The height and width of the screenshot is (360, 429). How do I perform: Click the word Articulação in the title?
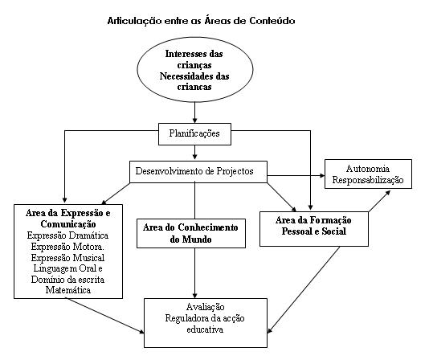(x=134, y=21)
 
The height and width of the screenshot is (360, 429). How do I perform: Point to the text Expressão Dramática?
(x=67, y=235)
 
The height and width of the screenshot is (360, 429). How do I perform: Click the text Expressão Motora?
(x=67, y=247)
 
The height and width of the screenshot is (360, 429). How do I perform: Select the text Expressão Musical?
(x=67, y=258)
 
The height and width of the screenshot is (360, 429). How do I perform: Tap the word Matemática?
(x=67, y=290)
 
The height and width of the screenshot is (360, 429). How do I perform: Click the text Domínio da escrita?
(x=67, y=280)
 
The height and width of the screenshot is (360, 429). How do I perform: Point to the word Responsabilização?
(x=368, y=180)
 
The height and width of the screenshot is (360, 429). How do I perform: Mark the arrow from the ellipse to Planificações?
(x=194, y=112)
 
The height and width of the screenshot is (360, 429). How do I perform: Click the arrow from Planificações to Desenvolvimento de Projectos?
(x=194, y=153)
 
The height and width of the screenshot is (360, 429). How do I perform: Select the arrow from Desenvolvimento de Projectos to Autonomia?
(x=296, y=175)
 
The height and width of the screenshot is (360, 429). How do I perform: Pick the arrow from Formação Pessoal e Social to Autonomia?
(x=379, y=201)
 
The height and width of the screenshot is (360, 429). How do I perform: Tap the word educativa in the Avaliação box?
(x=205, y=329)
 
